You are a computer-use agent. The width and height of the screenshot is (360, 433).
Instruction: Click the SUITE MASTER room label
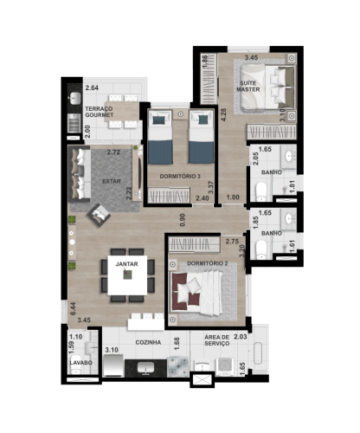251,87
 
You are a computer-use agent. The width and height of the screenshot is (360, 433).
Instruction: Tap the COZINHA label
149,343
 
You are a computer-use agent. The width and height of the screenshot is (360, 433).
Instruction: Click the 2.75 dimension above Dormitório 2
230,243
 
